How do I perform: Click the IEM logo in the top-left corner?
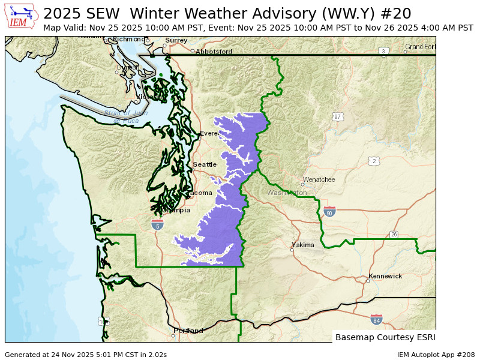pyautogui.click(x=22, y=16)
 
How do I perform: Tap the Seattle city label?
pyautogui.click(x=205, y=164)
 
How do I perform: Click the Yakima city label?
pyautogui.click(x=302, y=245)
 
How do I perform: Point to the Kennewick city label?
pyautogui.click(x=385, y=277)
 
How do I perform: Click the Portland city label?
pyautogui.click(x=188, y=331)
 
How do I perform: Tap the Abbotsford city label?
pyautogui.click(x=214, y=52)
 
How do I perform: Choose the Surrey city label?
pyautogui.click(x=176, y=40)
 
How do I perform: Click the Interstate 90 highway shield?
pyautogui.click(x=329, y=212)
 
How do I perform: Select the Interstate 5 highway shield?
pyautogui.click(x=157, y=224)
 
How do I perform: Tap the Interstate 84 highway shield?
pyautogui.click(x=376, y=319)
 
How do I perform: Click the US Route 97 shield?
pyautogui.click(x=338, y=116)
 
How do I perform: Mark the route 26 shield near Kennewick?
pyautogui.click(x=394, y=235)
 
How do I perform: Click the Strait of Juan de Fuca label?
pyautogui.click(x=126, y=117)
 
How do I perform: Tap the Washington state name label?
pyautogui.click(x=287, y=193)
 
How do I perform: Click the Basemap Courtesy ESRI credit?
pyautogui.click(x=385, y=337)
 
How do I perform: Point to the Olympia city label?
pyautogui.click(x=176, y=211)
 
